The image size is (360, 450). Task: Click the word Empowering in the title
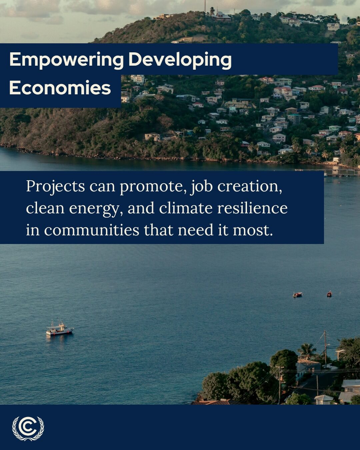click(x=66, y=60)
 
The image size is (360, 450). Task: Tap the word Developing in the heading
click(x=180, y=60)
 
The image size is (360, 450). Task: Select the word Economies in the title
click(x=60, y=88)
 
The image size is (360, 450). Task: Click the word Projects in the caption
click(x=55, y=186)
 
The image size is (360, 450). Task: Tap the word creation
click(x=250, y=186)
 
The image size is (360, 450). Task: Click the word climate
click(x=185, y=208)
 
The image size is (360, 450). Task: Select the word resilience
click(x=252, y=208)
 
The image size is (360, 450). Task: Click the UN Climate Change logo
click(x=28, y=428)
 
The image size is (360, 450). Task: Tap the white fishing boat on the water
click(x=59, y=329)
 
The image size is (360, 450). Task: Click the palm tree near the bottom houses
click(x=306, y=351)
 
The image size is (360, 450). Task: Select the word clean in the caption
click(x=45, y=208)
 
